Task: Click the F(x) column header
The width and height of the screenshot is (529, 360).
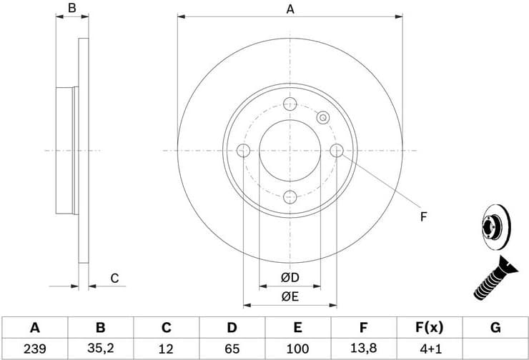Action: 429,328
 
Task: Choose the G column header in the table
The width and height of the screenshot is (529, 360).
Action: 495,328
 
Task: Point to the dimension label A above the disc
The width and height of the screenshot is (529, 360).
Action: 290,9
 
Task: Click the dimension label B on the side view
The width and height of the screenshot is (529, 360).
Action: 71,9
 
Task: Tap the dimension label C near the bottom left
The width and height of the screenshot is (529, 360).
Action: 114,279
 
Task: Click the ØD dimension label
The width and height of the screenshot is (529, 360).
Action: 290,277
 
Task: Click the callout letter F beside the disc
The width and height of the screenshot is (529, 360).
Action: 423,216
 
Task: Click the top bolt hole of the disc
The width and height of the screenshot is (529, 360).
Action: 290,103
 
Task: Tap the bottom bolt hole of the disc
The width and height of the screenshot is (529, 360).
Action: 290,198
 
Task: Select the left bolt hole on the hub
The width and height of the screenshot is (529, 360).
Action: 242,150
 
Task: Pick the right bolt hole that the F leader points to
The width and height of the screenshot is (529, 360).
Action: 337,150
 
